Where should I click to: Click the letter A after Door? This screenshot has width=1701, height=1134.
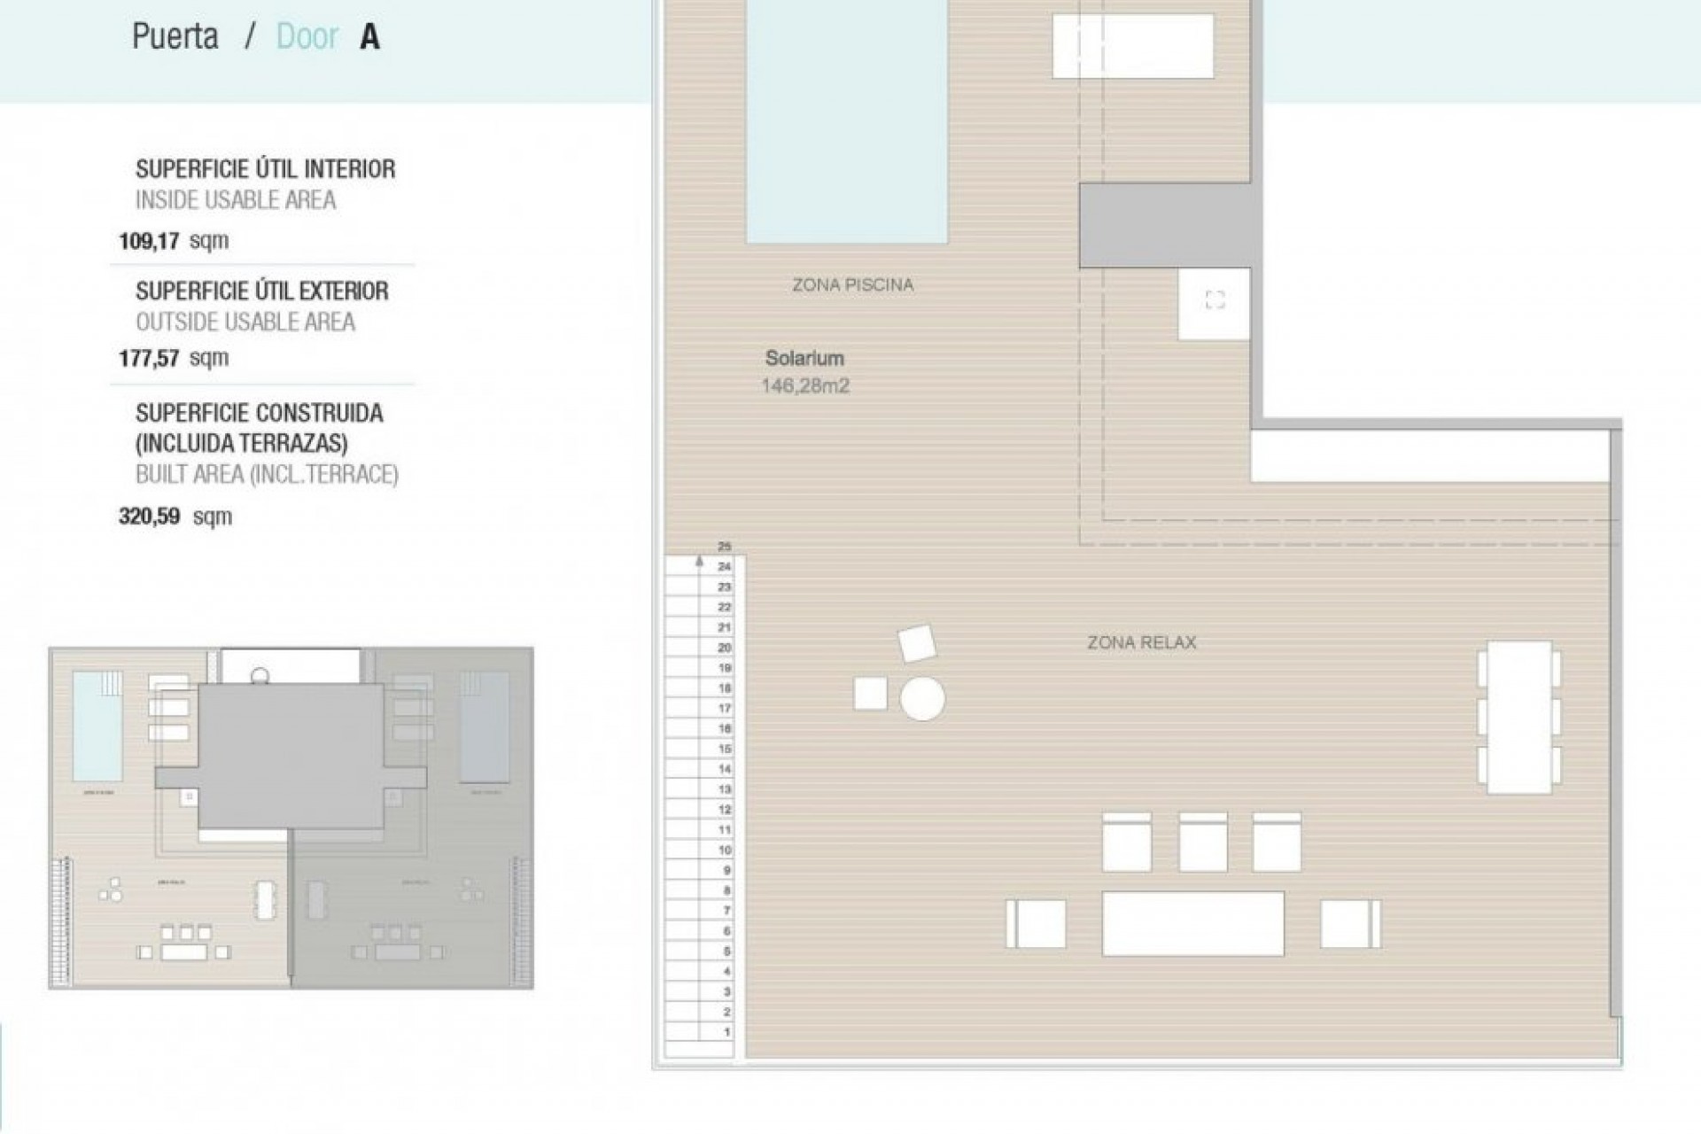369,37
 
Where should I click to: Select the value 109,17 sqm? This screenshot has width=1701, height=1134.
174,240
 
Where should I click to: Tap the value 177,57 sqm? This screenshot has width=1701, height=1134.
174,358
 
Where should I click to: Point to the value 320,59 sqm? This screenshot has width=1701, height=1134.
175,517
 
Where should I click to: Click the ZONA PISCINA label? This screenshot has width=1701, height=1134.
852,285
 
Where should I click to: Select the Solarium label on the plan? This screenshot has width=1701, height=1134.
804,359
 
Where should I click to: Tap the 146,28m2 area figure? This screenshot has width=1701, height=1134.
804,386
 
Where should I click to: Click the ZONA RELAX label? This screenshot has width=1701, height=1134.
1141,643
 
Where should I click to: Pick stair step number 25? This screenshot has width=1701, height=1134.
725,547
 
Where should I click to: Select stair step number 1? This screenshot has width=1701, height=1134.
726,1032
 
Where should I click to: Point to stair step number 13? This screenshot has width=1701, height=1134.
725,789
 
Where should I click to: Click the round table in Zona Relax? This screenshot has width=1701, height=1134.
922,698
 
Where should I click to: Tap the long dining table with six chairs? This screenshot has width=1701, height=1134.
1518,717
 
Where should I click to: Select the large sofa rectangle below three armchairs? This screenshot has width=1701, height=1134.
1192,924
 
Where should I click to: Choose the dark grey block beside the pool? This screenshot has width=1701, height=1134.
1164,225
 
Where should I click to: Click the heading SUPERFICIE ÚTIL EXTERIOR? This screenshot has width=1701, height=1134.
262,291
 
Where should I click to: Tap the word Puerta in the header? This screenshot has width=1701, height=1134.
175,37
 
